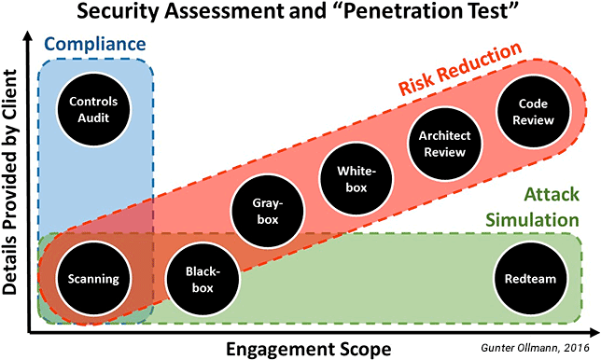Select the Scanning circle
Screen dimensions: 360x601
[92, 278]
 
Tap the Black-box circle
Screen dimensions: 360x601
[203, 278]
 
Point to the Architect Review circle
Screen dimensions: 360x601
[444, 143]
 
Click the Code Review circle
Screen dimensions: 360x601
[531, 111]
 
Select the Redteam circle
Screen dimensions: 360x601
[531, 278]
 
